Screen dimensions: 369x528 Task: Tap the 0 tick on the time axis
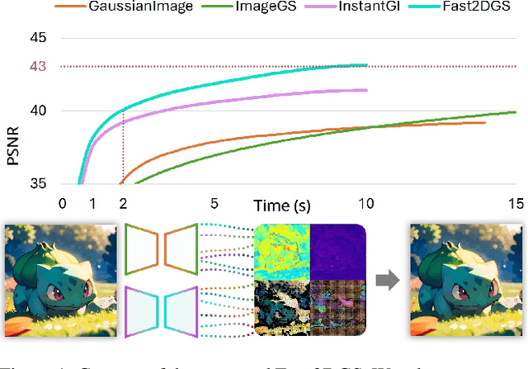[63, 203]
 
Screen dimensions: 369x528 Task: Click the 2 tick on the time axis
[123, 203]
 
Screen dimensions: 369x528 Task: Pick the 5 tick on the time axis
[214, 203]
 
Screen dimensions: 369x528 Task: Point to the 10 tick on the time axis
[365, 203]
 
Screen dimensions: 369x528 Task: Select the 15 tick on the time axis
[516, 203]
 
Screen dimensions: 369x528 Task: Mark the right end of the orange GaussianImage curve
[485, 122]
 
